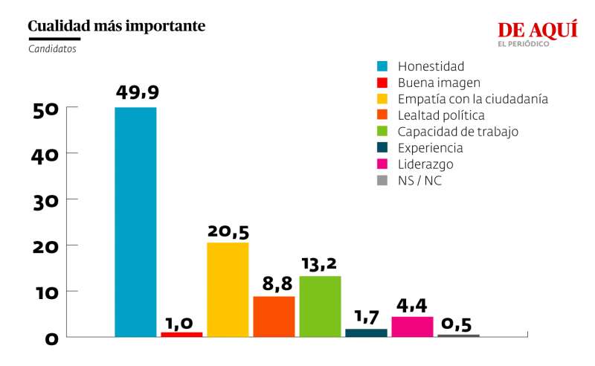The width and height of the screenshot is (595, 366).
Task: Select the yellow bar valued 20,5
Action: point(228,289)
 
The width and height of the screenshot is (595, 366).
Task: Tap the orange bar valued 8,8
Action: point(274,316)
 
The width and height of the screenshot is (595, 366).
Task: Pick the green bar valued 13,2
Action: point(320,306)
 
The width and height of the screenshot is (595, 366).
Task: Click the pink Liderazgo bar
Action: point(412,327)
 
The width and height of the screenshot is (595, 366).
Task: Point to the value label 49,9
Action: point(137,92)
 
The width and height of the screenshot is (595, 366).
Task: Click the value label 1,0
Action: point(179,322)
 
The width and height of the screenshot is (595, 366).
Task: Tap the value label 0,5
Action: point(457,324)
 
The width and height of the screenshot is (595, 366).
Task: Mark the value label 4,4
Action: point(412,306)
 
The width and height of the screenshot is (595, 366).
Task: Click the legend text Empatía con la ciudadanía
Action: point(472,99)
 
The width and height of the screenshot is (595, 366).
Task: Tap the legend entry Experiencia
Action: point(430,148)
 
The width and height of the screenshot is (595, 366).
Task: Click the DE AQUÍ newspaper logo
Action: point(537,33)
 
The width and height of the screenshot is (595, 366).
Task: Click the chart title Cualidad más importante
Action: point(117,27)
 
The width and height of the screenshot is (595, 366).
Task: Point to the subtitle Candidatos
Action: point(52,49)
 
